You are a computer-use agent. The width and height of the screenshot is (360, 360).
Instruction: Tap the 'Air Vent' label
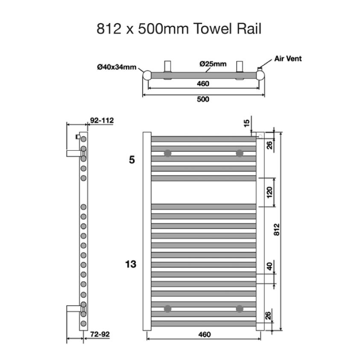click(x=288, y=59)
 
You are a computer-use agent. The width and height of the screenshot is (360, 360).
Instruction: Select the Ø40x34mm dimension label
click(x=117, y=67)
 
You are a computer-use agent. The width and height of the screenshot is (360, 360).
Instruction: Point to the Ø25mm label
click(x=213, y=64)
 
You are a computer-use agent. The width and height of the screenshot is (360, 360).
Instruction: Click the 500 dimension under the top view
click(x=203, y=99)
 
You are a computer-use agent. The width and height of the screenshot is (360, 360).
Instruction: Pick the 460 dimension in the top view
click(x=203, y=84)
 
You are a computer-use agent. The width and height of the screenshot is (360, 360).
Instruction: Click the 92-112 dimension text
click(x=102, y=120)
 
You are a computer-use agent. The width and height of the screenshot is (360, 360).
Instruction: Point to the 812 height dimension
click(x=276, y=231)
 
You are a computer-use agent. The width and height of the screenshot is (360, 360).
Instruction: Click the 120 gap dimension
click(x=269, y=192)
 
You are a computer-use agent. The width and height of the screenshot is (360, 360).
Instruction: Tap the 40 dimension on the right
click(x=269, y=266)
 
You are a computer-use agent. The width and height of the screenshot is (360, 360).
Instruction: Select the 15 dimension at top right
click(x=246, y=123)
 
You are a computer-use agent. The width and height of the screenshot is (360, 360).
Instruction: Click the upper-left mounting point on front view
click(x=168, y=153)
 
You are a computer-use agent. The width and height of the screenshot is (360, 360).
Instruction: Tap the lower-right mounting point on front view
click(x=240, y=308)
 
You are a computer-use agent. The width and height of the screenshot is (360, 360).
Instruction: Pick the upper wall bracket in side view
click(x=73, y=152)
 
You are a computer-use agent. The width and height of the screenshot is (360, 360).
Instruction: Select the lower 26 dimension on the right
click(x=268, y=316)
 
